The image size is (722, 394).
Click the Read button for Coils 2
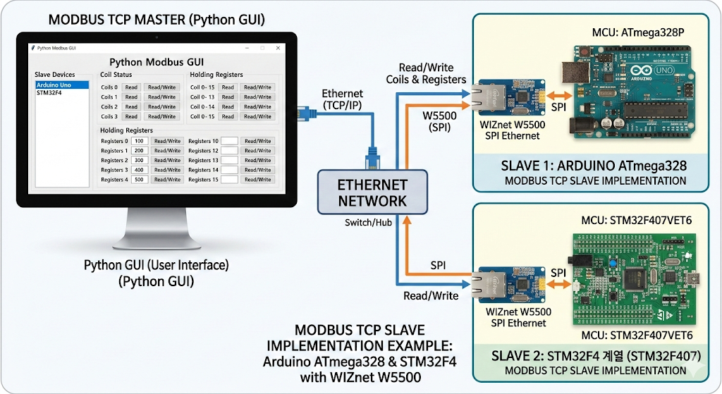coord(130,106)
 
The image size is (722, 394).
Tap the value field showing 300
coord(138,160)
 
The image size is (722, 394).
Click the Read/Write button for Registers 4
coord(168,180)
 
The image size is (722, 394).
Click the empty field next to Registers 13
coord(228,160)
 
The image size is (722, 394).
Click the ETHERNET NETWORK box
coord(372,192)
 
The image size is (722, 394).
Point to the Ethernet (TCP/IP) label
coord(342,99)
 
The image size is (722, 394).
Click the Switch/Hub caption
coord(370,223)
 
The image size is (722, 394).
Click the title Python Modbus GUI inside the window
coord(157,62)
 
